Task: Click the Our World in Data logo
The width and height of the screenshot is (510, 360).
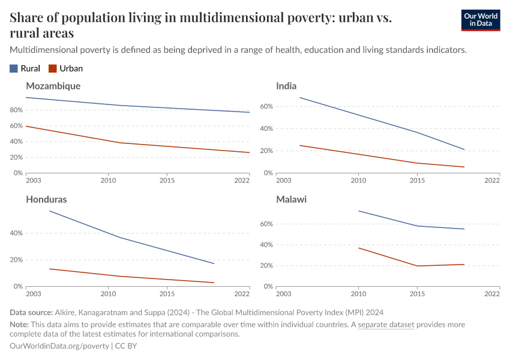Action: [480, 20]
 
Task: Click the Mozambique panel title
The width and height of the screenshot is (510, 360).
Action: [53, 86]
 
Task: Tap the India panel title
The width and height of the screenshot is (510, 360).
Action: [286, 86]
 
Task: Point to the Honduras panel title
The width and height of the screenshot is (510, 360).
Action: [46, 199]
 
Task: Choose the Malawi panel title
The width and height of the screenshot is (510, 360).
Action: [291, 199]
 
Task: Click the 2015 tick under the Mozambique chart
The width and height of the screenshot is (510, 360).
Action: [167, 180]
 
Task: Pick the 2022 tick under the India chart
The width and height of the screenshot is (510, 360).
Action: [491, 180]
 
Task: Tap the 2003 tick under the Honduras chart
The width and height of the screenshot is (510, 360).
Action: [34, 293]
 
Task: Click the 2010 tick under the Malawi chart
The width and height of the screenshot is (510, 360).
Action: [358, 293]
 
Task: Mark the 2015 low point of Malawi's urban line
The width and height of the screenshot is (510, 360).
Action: [417, 266]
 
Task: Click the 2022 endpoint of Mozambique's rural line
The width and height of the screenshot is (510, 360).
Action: [250, 112]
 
